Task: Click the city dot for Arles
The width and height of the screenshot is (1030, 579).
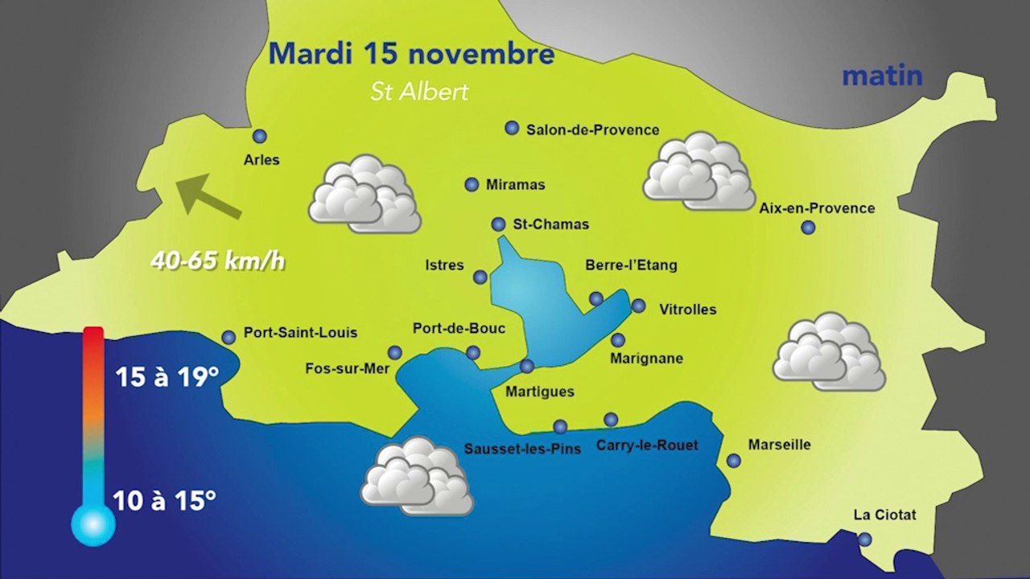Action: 259,136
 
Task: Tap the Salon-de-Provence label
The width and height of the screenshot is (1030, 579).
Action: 592,129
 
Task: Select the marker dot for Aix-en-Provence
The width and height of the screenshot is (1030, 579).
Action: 808,228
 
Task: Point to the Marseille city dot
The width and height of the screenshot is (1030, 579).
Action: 734,461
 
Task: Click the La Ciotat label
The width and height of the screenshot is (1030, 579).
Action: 885,515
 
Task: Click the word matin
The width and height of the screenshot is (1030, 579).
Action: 882,76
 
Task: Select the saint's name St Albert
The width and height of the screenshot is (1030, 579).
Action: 419,92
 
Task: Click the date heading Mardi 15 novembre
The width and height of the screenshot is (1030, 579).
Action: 411,54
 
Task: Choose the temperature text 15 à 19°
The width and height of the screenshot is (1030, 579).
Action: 167,376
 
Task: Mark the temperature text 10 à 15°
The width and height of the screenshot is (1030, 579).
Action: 165,500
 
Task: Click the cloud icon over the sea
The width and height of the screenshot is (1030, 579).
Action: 416,477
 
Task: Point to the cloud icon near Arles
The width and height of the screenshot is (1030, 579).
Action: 365,194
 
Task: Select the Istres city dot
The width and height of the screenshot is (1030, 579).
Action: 480,277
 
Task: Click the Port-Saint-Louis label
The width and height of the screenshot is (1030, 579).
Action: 300,332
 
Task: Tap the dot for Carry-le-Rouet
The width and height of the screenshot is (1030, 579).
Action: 611,419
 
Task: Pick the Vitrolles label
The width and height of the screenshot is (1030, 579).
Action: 687,310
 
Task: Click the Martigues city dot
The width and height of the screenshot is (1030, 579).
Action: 527,366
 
